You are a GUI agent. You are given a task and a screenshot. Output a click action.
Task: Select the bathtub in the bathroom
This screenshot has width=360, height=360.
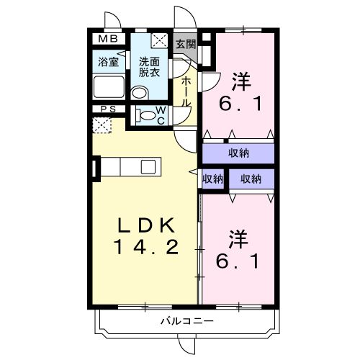pyautogui.click(x=109, y=90)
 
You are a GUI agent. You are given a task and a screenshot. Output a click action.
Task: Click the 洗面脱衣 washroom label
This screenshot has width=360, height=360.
pyautogui.click(x=150, y=67)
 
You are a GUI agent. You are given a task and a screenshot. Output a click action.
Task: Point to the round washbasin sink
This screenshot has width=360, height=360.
pyautogui.click(x=140, y=91)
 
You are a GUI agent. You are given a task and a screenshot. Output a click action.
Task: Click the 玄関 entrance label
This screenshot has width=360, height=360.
pyautogui.click(x=186, y=43)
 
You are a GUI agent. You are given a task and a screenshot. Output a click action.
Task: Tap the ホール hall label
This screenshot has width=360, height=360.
pyautogui.click(x=186, y=93)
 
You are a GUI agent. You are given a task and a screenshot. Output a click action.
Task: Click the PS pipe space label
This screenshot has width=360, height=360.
pyautogui.click(x=108, y=110)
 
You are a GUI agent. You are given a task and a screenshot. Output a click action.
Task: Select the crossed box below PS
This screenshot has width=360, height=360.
pyautogui.click(x=103, y=125)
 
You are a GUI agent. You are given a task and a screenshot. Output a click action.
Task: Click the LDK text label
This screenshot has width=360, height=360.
pyautogui.click(x=145, y=226)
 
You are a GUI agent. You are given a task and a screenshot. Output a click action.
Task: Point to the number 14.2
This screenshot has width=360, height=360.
pyautogui.click(x=145, y=248)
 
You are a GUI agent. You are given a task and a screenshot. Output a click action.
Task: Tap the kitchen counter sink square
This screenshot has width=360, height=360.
pyautogui.click(x=148, y=166)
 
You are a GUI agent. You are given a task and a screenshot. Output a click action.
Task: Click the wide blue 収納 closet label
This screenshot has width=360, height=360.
pyautogui.click(x=239, y=153)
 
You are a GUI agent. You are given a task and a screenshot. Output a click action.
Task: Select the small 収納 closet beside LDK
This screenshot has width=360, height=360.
pyautogui.click(x=213, y=179)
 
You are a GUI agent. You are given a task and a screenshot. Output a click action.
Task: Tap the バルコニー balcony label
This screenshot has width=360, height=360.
pyautogui.click(x=186, y=321)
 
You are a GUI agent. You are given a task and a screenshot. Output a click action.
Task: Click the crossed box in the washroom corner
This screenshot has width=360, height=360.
pyautogui.click(x=161, y=41)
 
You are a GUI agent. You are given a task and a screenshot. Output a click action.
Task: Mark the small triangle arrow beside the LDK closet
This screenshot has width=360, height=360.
pyautogui.click(x=192, y=171)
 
